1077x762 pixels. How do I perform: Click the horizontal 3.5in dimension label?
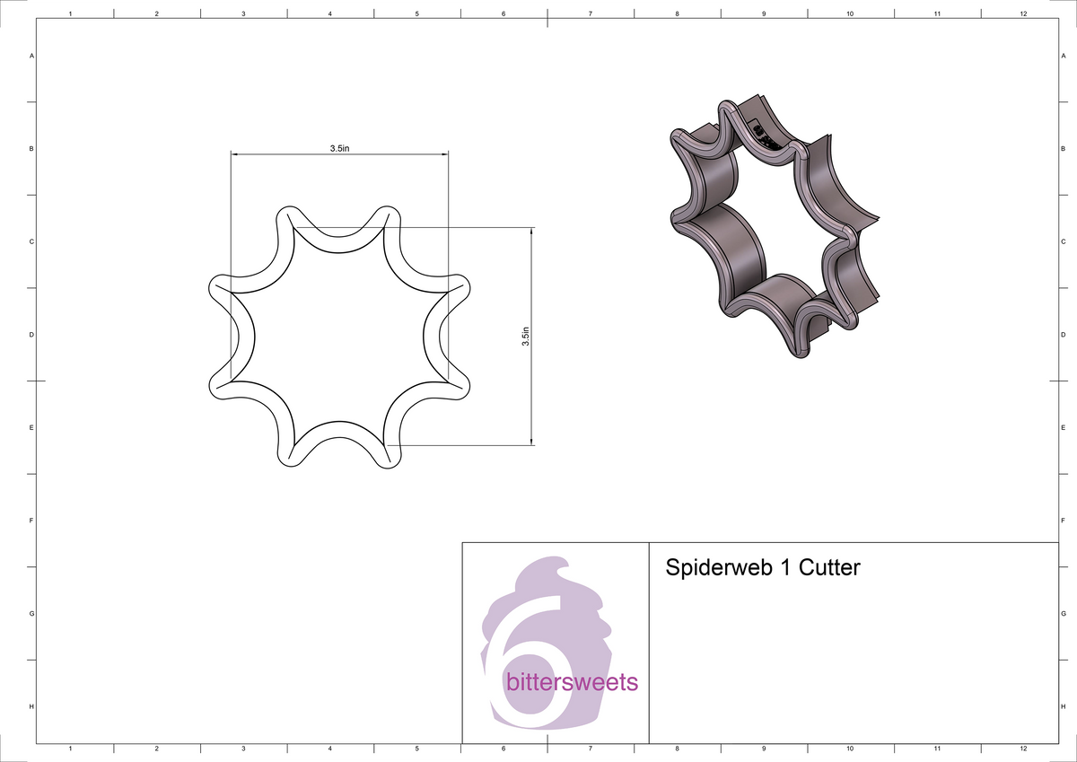click(x=339, y=148)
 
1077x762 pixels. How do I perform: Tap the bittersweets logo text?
click(x=572, y=682)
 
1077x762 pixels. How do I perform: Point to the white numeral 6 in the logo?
click(x=530, y=664)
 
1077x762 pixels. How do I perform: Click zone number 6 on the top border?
click(x=503, y=14)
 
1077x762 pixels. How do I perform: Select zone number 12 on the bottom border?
click(x=1023, y=748)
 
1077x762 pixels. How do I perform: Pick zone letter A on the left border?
click(x=32, y=56)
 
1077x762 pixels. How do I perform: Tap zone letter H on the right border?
click(x=1063, y=707)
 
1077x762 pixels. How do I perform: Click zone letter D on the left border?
click(x=32, y=335)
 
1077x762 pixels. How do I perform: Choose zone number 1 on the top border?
click(x=70, y=14)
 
